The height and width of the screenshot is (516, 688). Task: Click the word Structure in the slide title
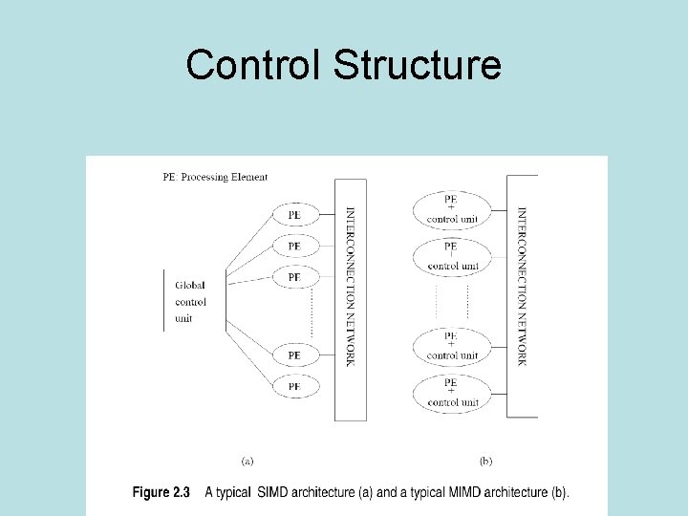tap(417, 65)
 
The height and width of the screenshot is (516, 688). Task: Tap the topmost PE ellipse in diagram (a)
tap(294, 215)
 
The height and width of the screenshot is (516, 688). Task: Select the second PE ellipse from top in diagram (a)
tap(294, 246)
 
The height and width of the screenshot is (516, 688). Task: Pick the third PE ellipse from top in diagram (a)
tap(294, 276)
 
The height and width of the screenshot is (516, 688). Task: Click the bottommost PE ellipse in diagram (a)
tap(294, 386)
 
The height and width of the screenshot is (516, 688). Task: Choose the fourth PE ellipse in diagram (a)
tap(294, 355)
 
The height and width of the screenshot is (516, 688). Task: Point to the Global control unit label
tap(190, 301)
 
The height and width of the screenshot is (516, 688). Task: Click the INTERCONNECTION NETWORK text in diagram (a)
tap(350, 287)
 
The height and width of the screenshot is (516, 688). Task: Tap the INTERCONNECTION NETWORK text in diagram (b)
tap(522, 287)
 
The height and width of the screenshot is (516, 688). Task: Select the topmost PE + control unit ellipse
tap(451, 209)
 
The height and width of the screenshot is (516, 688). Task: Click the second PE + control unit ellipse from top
tap(451, 256)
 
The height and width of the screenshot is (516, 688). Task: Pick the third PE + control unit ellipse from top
tap(451, 346)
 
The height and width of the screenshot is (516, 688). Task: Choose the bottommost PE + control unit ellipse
tap(451, 393)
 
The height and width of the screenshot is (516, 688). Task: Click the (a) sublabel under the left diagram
tap(247, 462)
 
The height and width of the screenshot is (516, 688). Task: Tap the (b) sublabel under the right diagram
tap(485, 462)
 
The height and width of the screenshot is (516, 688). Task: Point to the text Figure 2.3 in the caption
tap(161, 493)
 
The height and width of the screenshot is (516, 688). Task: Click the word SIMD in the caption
tap(273, 493)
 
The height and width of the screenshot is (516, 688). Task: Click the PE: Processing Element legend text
tap(215, 177)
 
